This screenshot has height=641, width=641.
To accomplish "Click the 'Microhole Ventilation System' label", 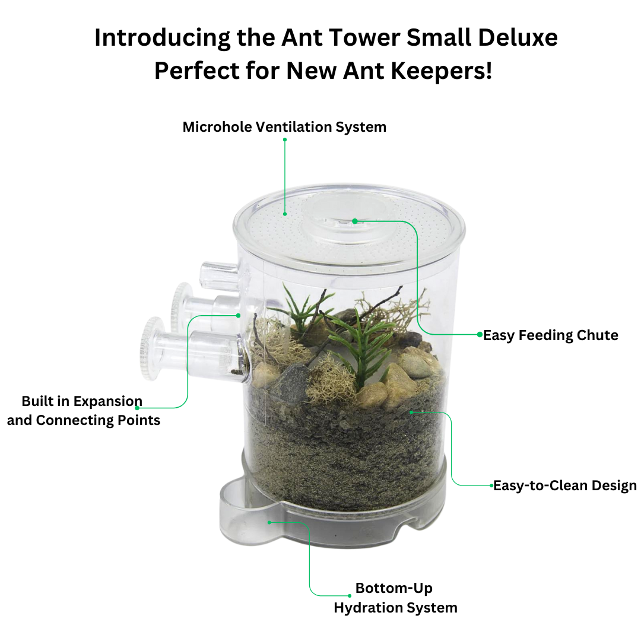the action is pos(284,127).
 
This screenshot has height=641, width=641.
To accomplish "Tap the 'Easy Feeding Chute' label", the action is pos(551,335).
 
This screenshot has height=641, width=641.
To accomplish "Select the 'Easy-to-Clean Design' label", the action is pos(565,485).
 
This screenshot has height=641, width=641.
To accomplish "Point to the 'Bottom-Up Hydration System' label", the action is pos(395,598).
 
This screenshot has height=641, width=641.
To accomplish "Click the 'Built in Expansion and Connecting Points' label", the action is pos(84,411).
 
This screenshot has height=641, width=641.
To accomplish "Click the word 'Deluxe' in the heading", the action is pos(518,37).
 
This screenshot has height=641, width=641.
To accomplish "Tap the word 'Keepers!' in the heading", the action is pos(442,71).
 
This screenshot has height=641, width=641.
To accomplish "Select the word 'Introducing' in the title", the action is pos(162,39).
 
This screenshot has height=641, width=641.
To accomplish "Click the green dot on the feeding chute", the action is pos(355,221).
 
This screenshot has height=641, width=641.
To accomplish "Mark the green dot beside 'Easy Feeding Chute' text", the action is pos(480,334).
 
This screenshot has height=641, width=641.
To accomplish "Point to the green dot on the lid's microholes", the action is pos(285,214).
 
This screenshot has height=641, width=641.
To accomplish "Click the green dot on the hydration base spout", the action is pos(269,522).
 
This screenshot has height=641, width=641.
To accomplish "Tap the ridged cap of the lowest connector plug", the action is pos(152,348).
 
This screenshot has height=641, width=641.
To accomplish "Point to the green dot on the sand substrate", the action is pos(411,412).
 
